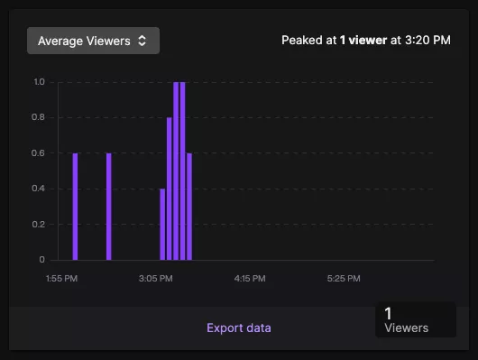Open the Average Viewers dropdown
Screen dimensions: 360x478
point(93,41)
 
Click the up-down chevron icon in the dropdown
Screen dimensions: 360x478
point(142,41)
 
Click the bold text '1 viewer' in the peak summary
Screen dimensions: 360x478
point(363,41)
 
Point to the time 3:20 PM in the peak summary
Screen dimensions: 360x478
point(427,41)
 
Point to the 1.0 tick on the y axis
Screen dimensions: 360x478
point(39,82)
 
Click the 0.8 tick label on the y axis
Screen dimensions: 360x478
point(39,117)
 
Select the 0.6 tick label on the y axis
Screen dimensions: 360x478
point(39,153)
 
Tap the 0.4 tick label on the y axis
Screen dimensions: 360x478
point(39,189)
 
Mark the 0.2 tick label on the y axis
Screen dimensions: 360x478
point(39,225)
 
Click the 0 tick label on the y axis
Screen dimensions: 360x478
point(41,260)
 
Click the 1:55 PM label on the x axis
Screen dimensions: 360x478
point(62,279)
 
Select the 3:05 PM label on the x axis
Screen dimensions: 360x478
point(156,279)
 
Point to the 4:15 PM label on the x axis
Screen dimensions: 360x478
point(249,279)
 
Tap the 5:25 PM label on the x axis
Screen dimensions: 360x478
point(343,279)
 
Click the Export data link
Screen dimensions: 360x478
point(238,328)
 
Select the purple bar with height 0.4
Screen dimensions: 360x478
point(162,225)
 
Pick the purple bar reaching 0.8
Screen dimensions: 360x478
point(170,189)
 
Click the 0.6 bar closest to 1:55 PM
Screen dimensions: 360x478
point(76,208)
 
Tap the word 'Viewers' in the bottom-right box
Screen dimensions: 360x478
point(407,328)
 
